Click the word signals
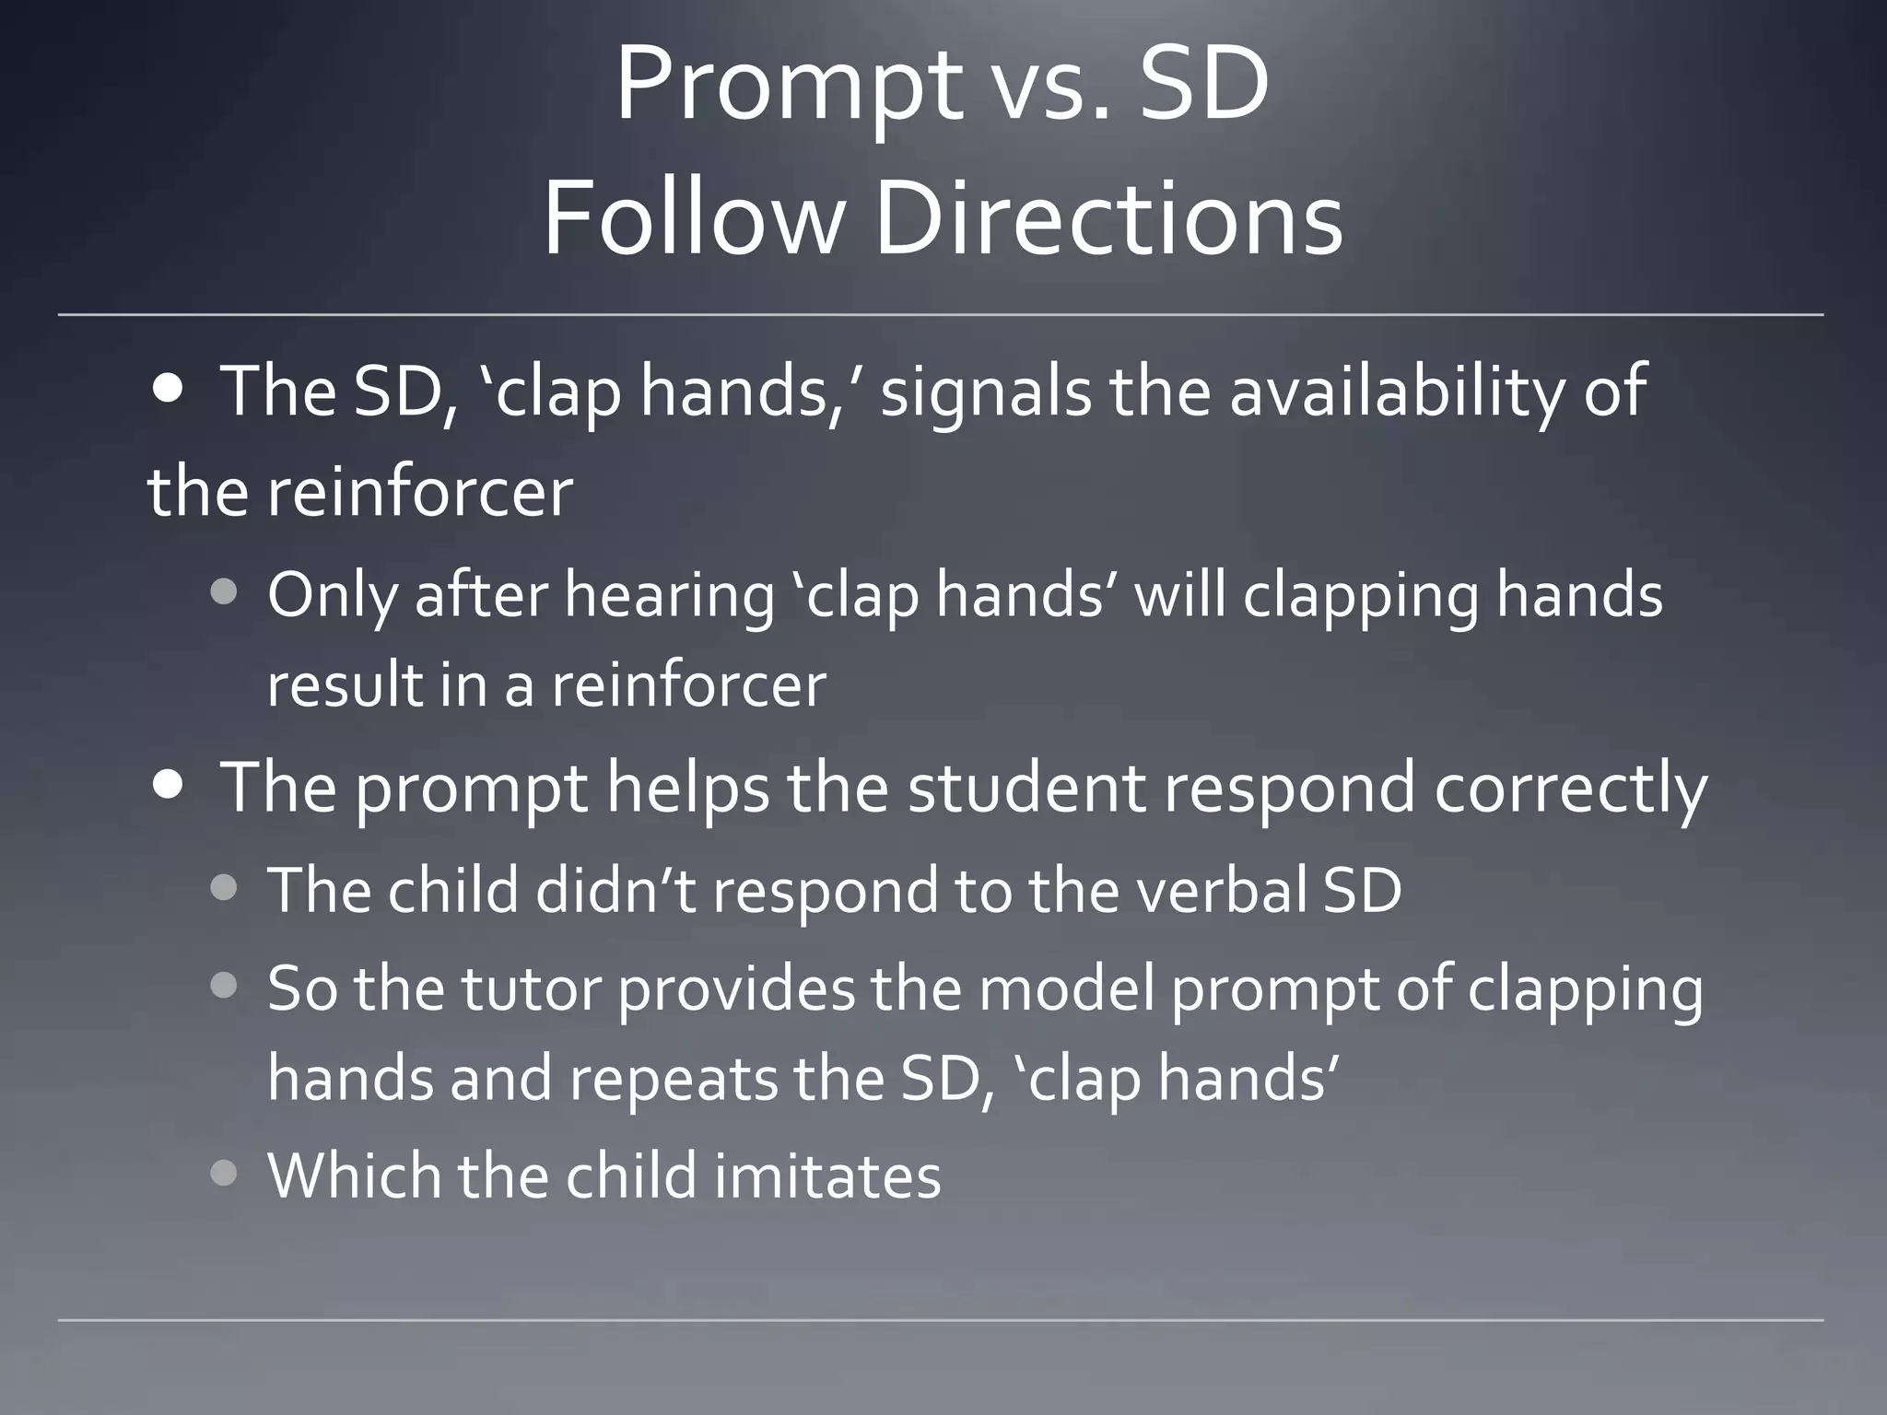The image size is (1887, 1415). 985,392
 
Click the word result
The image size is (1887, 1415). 345,685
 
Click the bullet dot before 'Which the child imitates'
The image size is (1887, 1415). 224,1174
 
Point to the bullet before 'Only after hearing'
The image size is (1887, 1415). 224,591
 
